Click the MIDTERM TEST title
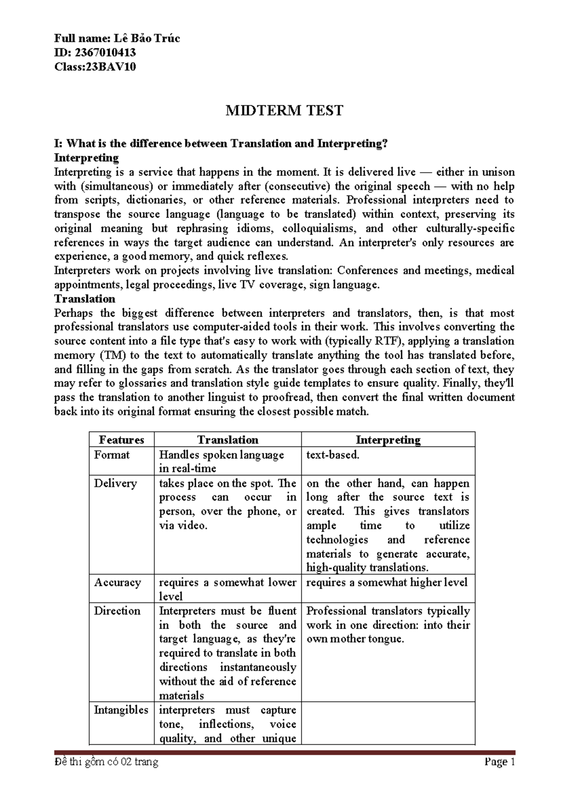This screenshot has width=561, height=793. tap(284, 111)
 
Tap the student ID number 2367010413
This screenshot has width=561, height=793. tap(103, 52)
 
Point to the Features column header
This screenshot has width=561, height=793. tap(122, 440)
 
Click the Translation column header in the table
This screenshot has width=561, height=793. tap(228, 440)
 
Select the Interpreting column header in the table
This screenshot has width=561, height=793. tap(388, 440)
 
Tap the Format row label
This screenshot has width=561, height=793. tap(112, 455)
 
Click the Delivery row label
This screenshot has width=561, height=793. tap(115, 483)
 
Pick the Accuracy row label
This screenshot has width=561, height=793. tap(117, 583)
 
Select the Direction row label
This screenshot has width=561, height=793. tap(117, 611)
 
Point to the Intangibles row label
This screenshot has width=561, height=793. tap(121, 710)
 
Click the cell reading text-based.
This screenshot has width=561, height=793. tap(333, 455)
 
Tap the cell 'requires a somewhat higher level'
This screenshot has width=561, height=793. tap(387, 583)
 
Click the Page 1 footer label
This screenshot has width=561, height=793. tap(499, 762)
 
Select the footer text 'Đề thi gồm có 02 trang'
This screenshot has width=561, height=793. tap(106, 762)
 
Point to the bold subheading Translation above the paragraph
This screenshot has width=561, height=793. tap(85, 299)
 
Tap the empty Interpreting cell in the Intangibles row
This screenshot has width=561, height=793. tap(388, 723)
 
